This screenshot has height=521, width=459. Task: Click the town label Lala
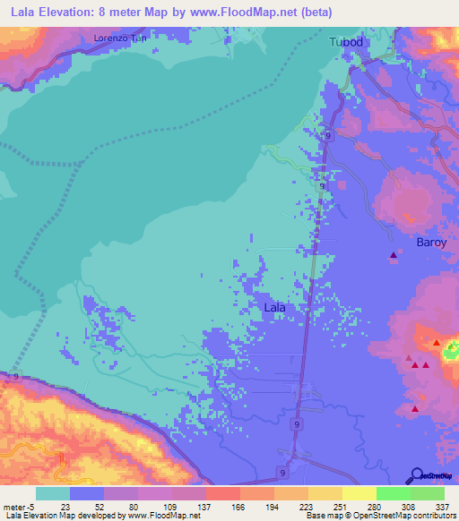(275, 307)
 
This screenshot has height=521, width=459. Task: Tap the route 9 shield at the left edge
(17, 378)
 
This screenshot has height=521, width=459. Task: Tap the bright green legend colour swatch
(393, 493)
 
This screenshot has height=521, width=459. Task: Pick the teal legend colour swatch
(53, 493)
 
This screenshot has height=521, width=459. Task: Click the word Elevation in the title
(65, 13)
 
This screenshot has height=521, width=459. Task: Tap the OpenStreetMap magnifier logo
(416, 474)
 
